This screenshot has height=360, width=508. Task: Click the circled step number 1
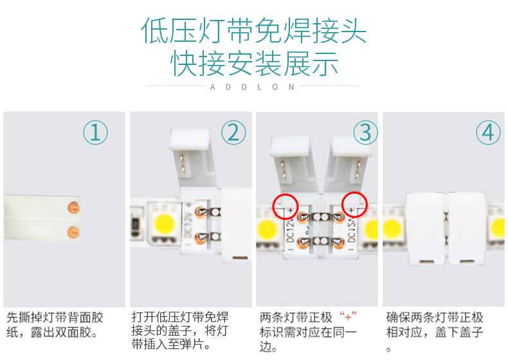(95, 132)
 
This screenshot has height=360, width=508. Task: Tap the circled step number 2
(233, 132)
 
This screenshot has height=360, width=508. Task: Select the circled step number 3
(365, 132)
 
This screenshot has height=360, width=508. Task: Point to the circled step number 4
(488, 132)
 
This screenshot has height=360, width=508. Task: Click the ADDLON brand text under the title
(252, 87)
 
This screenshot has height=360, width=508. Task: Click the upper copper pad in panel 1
(73, 208)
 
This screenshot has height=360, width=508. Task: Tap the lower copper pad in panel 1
(73, 232)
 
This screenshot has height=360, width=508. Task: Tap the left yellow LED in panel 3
(268, 230)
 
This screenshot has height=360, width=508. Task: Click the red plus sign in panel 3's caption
(348, 316)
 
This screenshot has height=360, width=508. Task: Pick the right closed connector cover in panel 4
(467, 229)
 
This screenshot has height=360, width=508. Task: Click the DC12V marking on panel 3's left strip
(290, 230)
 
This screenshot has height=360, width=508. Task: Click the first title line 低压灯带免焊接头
(254, 31)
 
